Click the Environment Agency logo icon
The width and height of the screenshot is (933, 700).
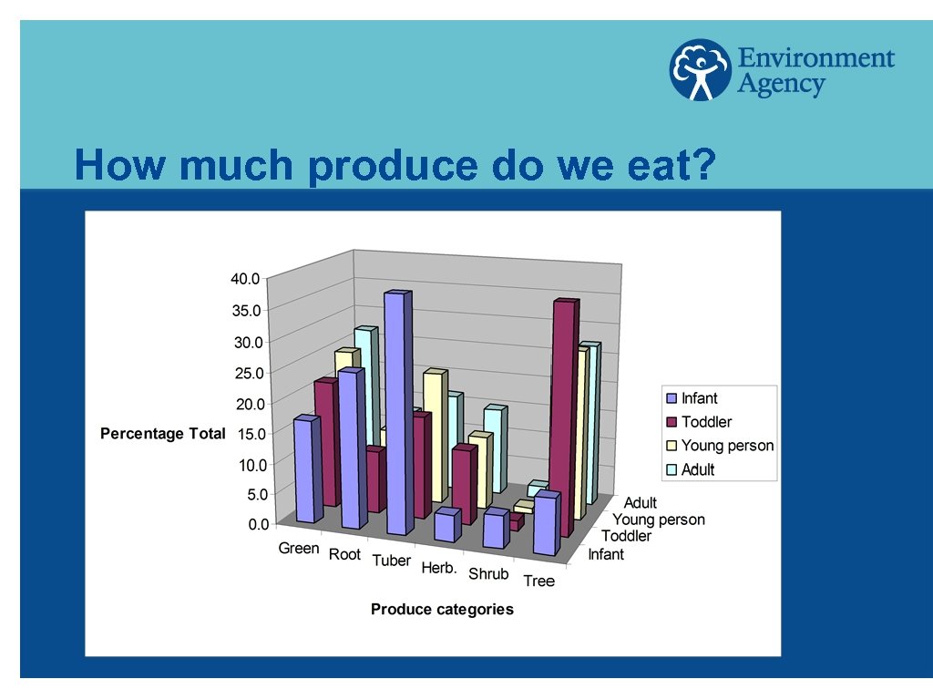(x=701, y=69)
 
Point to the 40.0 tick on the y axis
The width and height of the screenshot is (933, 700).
(x=246, y=278)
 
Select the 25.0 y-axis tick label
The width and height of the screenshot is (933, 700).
(x=248, y=372)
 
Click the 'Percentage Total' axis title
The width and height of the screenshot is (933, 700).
(x=162, y=434)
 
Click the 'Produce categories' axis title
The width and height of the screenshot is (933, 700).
(x=442, y=609)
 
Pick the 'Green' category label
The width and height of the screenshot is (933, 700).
(x=299, y=548)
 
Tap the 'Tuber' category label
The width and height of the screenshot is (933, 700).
(x=391, y=561)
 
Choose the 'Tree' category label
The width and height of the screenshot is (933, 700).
(x=538, y=581)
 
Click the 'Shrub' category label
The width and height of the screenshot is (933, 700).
(x=488, y=573)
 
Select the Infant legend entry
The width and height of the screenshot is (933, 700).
(x=699, y=398)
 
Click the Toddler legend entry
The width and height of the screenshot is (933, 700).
(x=706, y=422)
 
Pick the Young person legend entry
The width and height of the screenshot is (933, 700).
(x=727, y=446)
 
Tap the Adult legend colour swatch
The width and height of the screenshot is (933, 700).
(x=672, y=470)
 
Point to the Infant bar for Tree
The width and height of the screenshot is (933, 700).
(x=544, y=526)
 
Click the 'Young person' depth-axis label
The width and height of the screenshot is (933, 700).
(x=658, y=520)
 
